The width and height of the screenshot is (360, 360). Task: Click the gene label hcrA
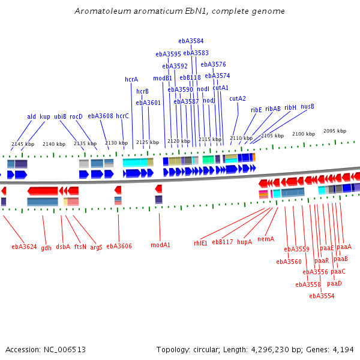[x=131, y=79]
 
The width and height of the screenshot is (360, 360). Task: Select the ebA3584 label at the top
[x=191, y=41]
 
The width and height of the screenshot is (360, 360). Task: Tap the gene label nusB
[x=307, y=107]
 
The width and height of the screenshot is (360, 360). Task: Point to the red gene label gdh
[x=46, y=248]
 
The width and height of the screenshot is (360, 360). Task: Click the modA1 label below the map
[x=160, y=245]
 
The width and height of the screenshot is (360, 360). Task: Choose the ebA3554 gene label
[x=322, y=296]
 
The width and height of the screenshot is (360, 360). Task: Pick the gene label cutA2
[x=238, y=98]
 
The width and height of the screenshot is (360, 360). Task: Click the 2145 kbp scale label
[x=22, y=144]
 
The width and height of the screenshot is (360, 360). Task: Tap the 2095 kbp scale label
[x=335, y=131]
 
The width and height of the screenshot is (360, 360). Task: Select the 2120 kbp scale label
[x=178, y=142]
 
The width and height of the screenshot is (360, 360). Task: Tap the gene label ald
[x=31, y=117]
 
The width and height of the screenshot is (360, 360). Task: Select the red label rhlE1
[x=200, y=243]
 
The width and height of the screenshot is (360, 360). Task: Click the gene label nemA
[x=266, y=239]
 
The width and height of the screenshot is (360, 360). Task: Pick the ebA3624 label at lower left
[x=24, y=247]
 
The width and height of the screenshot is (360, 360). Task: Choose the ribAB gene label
[x=273, y=109]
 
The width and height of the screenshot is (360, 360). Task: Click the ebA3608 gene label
[x=100, y=116]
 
